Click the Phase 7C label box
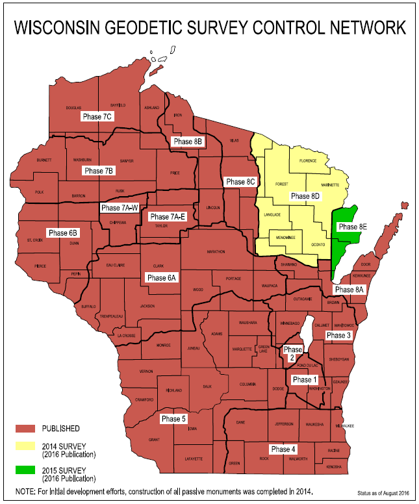(x=98, y=116)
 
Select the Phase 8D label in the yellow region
(x=305, y=195)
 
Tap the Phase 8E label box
(x=353, y=227)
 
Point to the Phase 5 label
(x=174, y=419)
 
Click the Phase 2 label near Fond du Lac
(x=293, y=354)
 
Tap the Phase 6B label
(x=63, y=233)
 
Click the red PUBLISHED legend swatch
(x=25, y=429)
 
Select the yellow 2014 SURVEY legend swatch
(x=25, y=448)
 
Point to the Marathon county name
(x=216, y=251)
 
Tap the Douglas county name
(x=73, y=107)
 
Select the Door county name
(x=365, y=265)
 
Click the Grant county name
(x=154, y=440)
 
